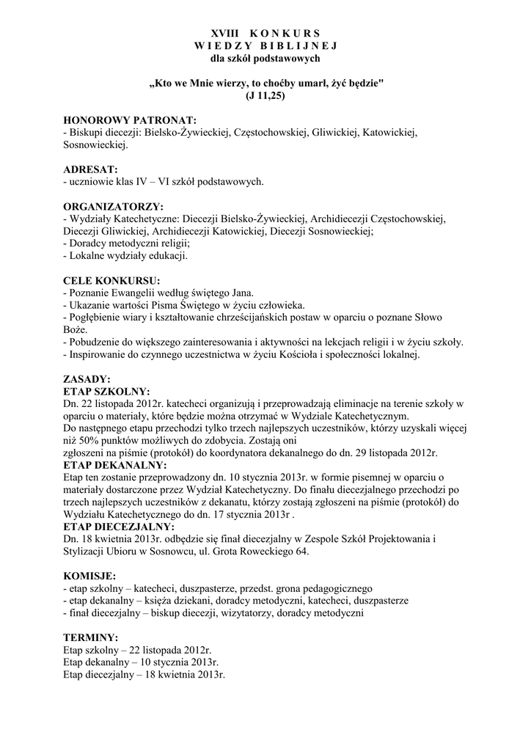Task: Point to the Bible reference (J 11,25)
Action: coord(265,96)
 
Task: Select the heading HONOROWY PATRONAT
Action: coord(130,120)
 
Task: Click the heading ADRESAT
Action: coord(90,169)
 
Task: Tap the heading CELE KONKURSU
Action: coord(111,279)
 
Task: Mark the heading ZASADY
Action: coord(87,379)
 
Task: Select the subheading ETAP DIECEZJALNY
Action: coord(119,527)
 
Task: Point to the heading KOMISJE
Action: coord(89,576)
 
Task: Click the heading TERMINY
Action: coord(90,637)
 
